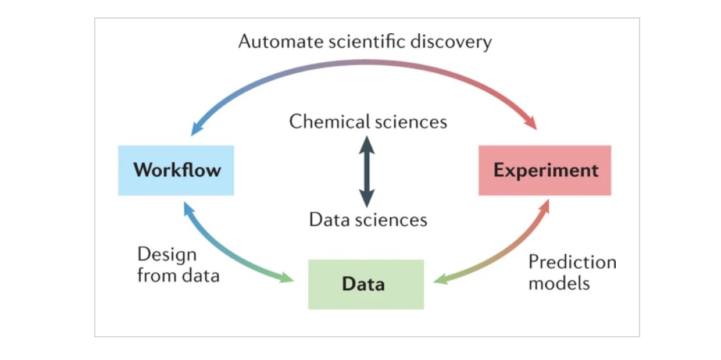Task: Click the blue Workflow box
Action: [176, 170]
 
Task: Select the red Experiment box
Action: [545, 170]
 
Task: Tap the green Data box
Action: [366, 284]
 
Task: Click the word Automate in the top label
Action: [275, 42]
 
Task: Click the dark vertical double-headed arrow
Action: [366, 171]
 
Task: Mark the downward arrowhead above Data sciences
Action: [366, 199]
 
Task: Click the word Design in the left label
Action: [167, 255]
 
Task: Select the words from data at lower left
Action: [178, 275]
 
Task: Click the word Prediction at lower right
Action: [572, 262]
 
